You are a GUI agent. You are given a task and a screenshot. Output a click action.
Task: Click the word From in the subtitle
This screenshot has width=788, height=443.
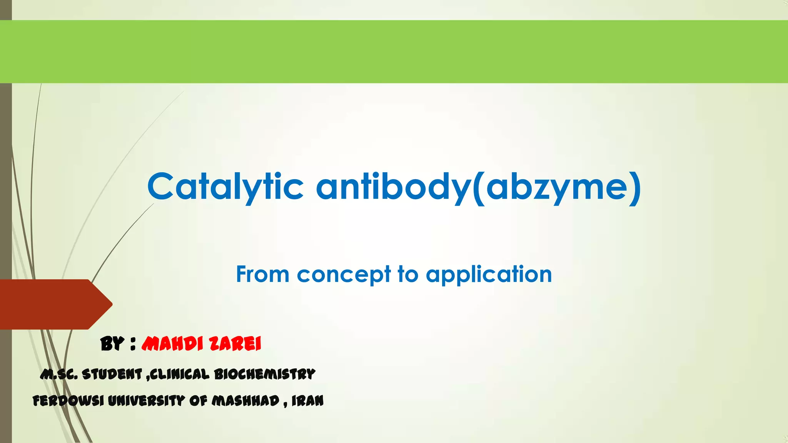point(262,275)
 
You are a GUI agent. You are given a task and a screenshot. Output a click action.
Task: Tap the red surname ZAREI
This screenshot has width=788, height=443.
point(236,344)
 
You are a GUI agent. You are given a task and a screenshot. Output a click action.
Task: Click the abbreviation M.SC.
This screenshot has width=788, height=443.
point(59,374)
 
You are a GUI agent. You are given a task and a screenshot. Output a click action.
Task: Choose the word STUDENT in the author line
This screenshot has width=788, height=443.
point(112,374)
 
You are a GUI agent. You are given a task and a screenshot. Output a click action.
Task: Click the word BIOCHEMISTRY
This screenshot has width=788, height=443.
point(264,374)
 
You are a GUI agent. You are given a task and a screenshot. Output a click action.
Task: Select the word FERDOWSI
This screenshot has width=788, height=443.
point(68,401)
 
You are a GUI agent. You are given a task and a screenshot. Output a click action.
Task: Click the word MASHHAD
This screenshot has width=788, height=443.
point(245,401)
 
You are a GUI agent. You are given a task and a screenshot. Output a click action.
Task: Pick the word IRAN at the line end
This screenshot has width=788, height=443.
point(307,401)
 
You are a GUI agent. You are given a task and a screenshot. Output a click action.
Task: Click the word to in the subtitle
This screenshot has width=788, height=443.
point(408,275)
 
